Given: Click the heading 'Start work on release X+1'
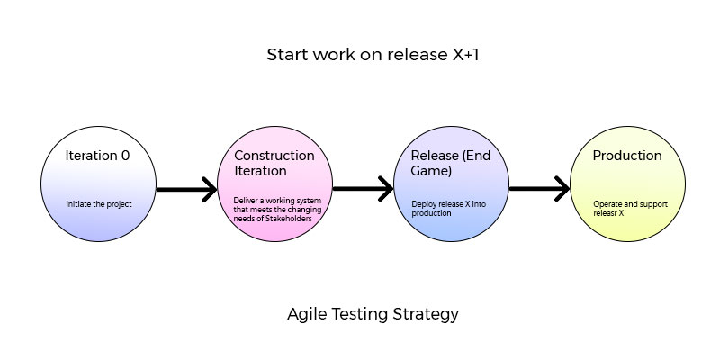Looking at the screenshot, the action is tap(373, 55).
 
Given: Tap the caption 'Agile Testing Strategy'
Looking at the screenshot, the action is tap(373, 314).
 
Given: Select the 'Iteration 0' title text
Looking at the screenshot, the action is tap(97, 156).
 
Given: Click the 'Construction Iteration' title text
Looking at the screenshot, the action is tap(274, 163).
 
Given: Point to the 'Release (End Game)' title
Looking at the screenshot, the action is tap(451, 163).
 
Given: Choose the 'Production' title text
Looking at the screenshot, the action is tap(627, 156).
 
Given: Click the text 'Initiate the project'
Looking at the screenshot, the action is tap(99, 204).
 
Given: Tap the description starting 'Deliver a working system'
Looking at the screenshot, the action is tap(277, 210).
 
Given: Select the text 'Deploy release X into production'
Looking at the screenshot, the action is tap(448, 209).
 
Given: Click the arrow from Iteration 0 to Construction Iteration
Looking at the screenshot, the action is tap(186, 189).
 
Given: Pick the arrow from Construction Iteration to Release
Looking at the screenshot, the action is tap(363, 189).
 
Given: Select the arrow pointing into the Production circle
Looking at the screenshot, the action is tap(539, 189).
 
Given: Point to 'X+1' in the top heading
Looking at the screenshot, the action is tap(463, 55).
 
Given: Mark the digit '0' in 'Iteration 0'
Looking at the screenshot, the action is tap(125, 156).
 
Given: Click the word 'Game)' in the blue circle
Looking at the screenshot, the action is tap(431, 171).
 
